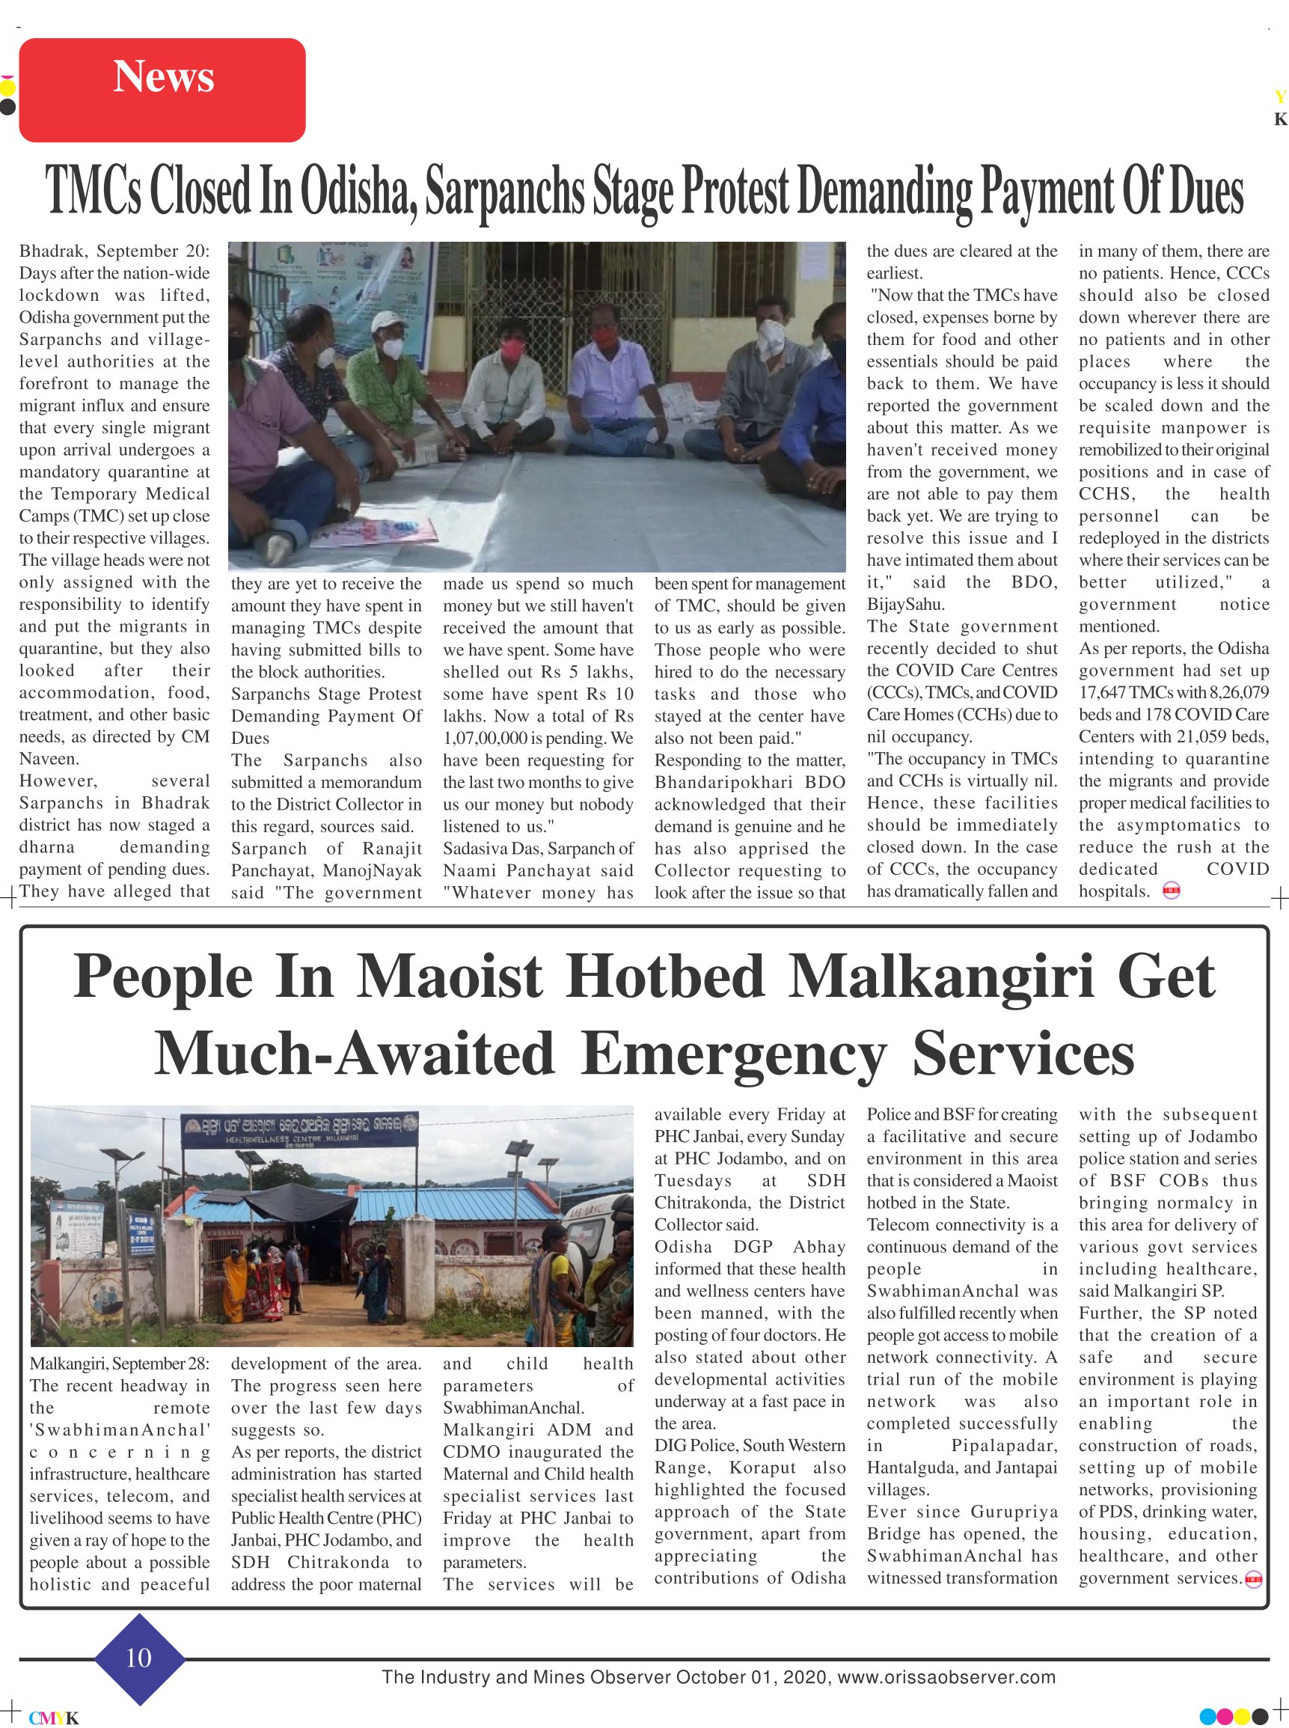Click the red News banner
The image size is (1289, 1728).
(x=162, y=90)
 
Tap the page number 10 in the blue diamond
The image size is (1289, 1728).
(x=139, y=1657)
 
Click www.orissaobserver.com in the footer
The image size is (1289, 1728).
(x=946, y=1677)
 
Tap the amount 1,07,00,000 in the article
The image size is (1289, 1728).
(x=486, y=738)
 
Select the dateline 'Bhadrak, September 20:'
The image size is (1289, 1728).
(x=114, y=251)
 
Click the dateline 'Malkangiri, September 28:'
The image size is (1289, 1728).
(x=120, y=1364)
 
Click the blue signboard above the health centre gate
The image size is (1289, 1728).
(x=301, y=1128)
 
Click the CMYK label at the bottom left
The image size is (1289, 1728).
(x=53, y=1718)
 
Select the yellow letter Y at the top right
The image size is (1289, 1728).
(x=1279, y=97)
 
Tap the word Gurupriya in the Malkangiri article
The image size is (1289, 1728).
(x=1014, y=1512)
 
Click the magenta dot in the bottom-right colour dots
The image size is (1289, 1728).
(x=1225, y=1716)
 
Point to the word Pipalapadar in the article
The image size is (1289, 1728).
(x=1004, y=1445)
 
